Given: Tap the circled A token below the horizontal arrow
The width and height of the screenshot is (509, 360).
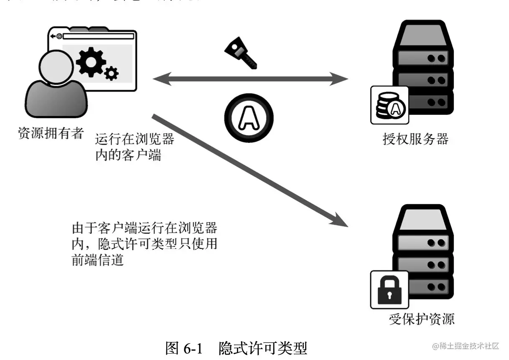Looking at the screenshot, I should point(249,117).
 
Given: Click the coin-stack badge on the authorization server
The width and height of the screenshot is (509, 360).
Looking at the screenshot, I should point(389,105).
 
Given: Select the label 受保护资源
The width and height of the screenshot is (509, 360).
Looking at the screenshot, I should point(421,319).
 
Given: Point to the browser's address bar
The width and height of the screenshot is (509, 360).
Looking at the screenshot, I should point(98,36).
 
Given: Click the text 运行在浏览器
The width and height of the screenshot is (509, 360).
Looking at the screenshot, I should point(135,139).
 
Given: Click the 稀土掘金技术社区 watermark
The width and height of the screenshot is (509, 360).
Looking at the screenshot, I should point(467,346).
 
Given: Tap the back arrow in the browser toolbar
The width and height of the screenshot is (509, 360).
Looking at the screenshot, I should point(53,36).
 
